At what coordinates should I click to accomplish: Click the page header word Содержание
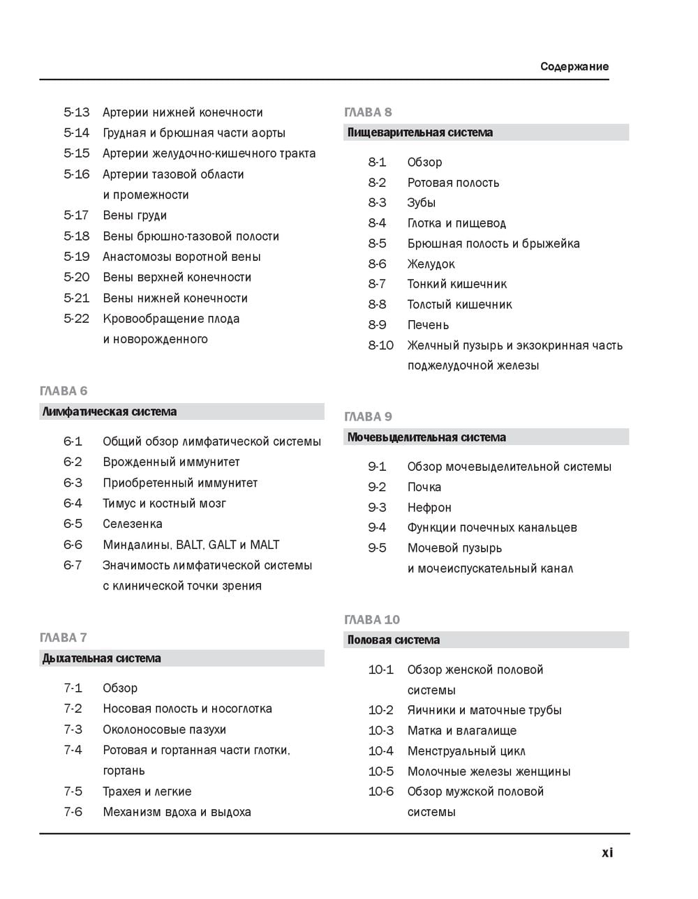[574, 67]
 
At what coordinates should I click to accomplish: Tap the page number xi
[607, 852]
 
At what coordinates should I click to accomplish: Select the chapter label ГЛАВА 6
[64, 391]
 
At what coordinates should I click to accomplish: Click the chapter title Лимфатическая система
[110, 411]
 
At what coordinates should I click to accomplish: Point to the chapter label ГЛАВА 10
[372, 619]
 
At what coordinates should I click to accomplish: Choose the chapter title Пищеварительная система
[420, 133]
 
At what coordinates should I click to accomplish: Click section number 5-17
[76, 215]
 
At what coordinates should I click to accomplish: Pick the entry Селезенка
[133, 524]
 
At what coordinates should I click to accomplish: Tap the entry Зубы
[422, 203]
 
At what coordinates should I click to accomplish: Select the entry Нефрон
[429, 507]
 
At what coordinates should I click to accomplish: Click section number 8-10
[381, 345]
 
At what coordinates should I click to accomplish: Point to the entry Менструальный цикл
[466, 751]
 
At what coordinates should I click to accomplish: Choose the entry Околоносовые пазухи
[165, 730]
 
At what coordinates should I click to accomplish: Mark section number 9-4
[377, 527]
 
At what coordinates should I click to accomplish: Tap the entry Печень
[428, 325]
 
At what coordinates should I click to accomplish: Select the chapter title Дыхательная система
[102, 658]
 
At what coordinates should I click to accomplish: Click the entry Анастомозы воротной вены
[181, 257]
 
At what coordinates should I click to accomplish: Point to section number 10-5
[381, 771]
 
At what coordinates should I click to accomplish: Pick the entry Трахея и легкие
[147, 792]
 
